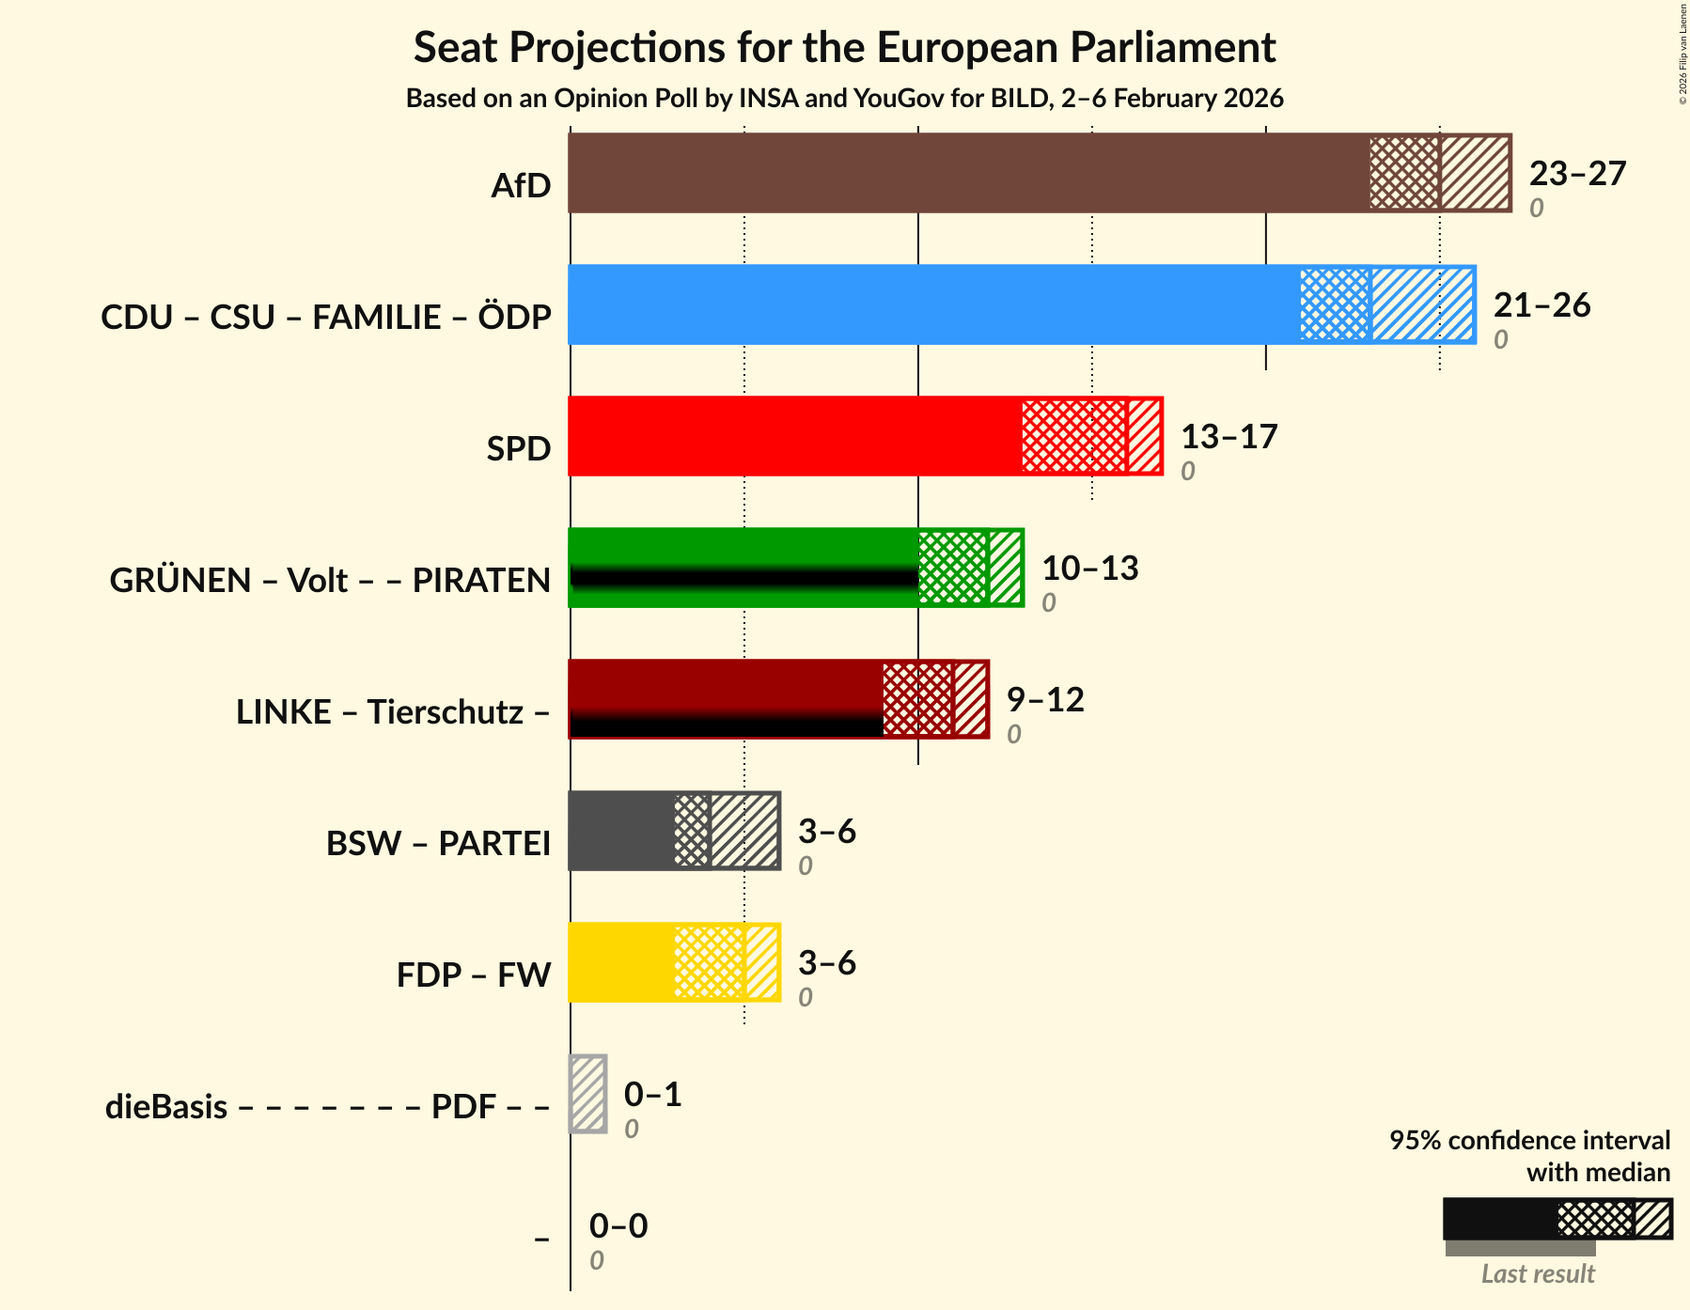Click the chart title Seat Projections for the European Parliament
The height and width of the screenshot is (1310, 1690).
(x=844, y=47)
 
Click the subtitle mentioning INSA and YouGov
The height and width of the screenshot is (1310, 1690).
(x=844, y=99)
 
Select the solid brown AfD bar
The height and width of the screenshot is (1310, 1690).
(x=968, y=173)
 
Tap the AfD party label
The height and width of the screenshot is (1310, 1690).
(x=521, y=186)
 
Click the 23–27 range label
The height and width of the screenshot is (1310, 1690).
(x=1576, y=174)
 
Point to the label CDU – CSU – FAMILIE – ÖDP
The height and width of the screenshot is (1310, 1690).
(x=325, y=318)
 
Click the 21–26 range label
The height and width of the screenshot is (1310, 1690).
(x=1541, y=305)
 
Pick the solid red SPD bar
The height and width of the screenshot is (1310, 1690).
(x=794, y=436)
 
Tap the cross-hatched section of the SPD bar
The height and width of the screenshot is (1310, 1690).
(x=1073, y=436)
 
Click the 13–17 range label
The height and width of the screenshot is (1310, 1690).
(x=1228, y=437)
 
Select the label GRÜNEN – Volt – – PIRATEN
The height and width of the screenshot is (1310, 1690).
(x=330, y=581)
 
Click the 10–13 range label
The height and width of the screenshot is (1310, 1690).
(x=1089, y=569)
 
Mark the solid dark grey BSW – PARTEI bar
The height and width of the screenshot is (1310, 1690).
(x=621, y=831)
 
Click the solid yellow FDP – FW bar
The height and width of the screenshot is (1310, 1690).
(x=621, y=962)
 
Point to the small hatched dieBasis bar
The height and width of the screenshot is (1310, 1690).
(x=588, y=1094)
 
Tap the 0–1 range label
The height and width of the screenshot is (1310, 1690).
(x=652, y=1095)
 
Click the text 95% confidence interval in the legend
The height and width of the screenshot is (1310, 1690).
(x=1529, y=1141)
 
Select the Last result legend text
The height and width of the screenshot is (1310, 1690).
(x=1538, y=1274)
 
